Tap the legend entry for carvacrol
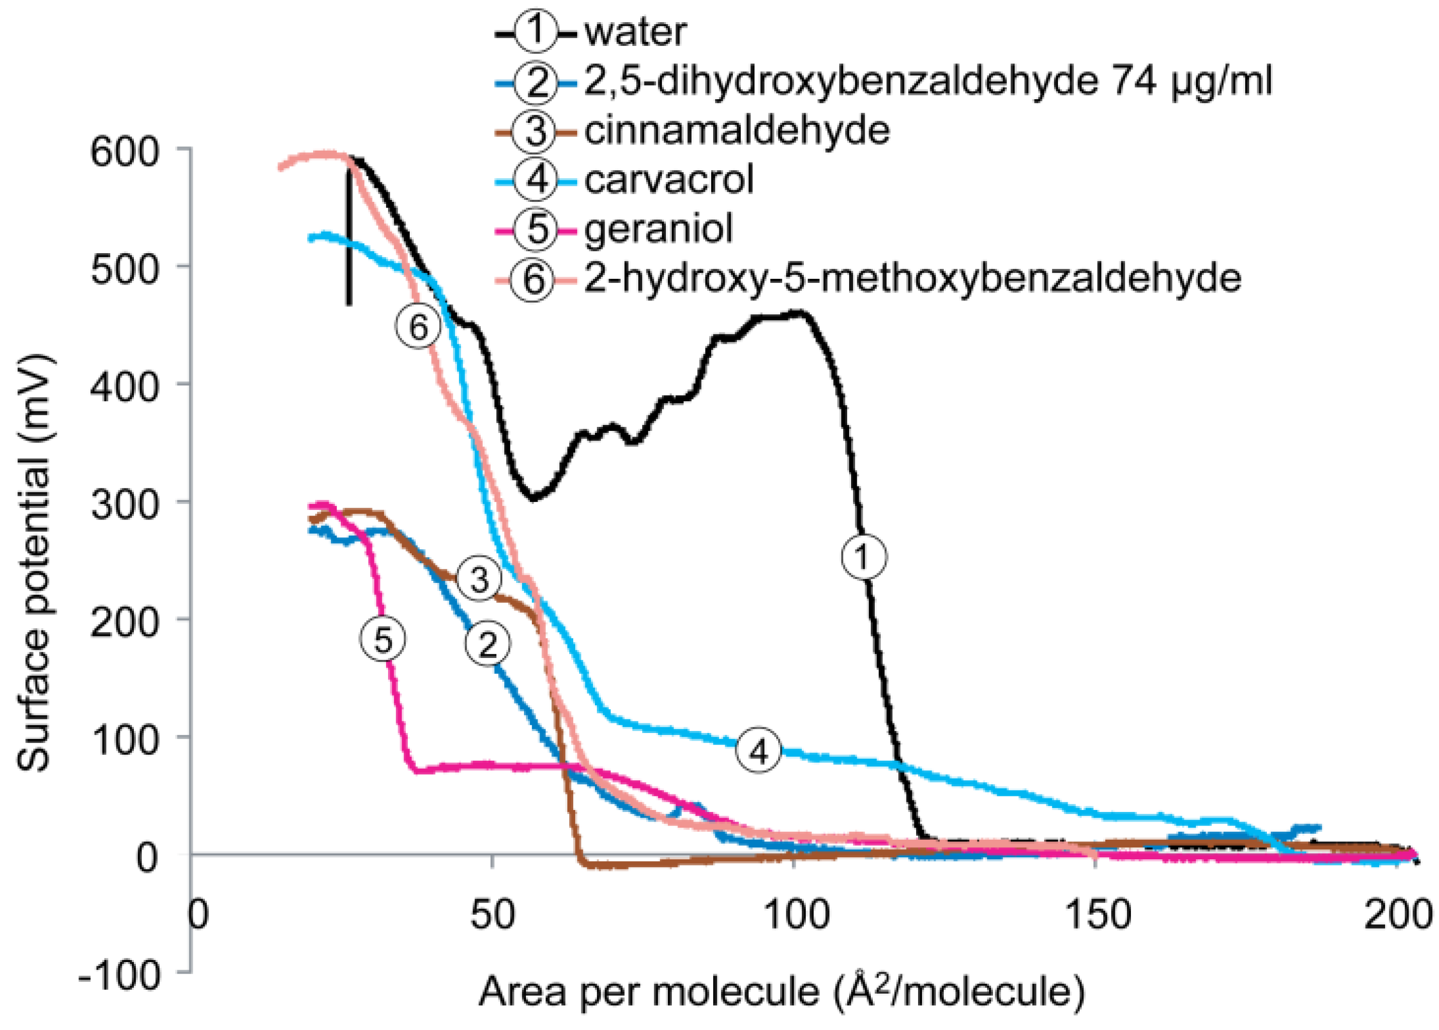(x=669, y=180)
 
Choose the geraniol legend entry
(x=658, y=229)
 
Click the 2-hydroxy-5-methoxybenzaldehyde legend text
(x=912, y=278)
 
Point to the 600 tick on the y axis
(x=124, y=152)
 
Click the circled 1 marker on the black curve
(x=863, y=556)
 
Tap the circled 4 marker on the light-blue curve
(x=758, y=751)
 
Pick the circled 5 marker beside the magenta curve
(x=383, y=639)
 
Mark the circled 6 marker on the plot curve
(x=418, y=327)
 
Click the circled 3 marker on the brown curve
(x=479, y=578)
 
